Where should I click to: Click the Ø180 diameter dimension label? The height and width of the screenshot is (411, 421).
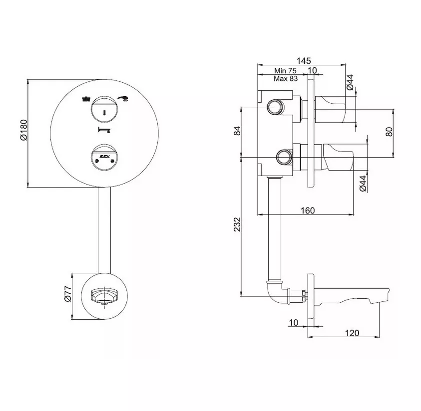[23, 130]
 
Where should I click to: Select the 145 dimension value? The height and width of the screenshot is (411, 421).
[304, 60]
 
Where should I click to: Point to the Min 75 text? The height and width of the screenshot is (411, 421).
[285, 71]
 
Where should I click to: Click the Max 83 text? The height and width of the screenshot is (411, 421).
[286, 78]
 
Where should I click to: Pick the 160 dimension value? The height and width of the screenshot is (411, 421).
[308, 210]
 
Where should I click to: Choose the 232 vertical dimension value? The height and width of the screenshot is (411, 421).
[237, 224]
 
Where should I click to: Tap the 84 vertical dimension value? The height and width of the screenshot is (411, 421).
[237, 131]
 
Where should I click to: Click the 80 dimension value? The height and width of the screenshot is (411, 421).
[390, 132]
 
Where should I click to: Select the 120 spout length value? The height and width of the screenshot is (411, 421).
[352, 333]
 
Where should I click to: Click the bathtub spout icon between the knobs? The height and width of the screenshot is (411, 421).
[104, 130]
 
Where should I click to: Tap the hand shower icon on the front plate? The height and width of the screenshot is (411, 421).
[123, 98]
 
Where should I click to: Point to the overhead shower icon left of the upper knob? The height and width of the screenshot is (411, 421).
[86, 99]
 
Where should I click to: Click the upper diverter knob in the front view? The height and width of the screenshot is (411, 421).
[104, 109]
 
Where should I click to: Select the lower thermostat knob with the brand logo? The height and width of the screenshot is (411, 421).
[104, 158]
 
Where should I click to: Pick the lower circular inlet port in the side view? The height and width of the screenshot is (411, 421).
[284, 157]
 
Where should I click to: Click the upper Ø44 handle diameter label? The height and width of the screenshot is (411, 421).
[350, 82]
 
